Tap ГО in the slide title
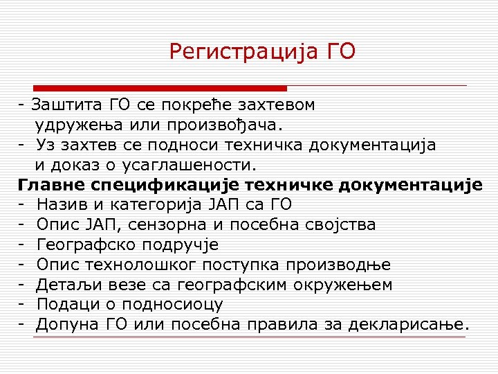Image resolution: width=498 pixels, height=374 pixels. pos(340,51)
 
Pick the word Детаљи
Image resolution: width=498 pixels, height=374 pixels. pos(66,285)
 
